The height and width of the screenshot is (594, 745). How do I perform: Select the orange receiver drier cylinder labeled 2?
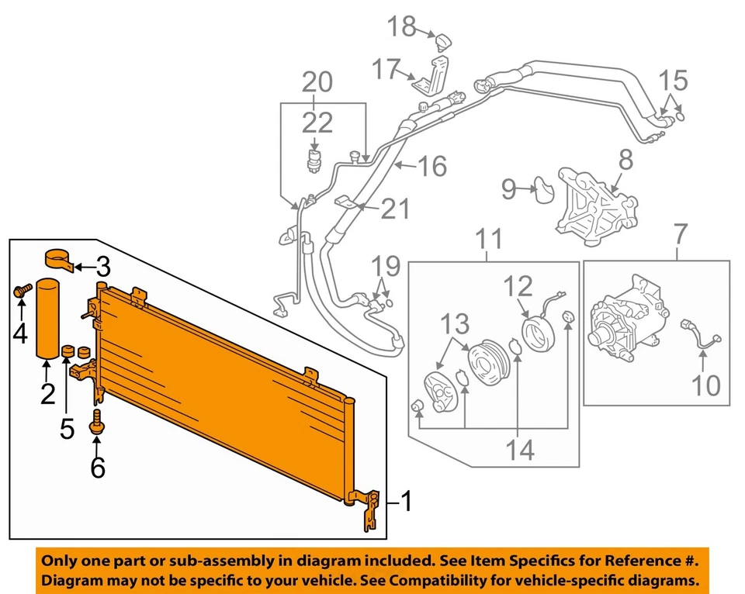pyautogui.click(x=47, y=317)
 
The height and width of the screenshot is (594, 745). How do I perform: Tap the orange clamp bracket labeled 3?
pyautogui.click(x=60, y=259)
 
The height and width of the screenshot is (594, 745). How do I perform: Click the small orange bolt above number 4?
pyautogui.click(x=21, y=292)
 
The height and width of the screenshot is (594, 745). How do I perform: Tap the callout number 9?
pyautogui.click(x=508, y=188)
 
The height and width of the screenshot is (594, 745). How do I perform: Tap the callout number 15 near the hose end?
pyautogui.click(x=673, y=80)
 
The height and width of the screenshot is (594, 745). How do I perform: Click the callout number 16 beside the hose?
pyautogui.click(x=431, y=165)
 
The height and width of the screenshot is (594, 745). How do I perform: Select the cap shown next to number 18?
pyautogui.click(x=443, y=40)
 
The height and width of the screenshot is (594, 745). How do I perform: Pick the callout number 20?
pyautogui.click(x=317, y=81)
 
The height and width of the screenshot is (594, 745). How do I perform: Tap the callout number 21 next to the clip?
pyautogui.click(x=395, y=208)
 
